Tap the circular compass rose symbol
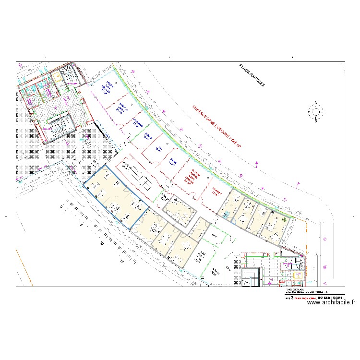(x=315, y=112)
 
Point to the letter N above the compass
(x=315, y=102)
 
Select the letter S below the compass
(x=315, y=122)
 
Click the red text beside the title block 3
(x=301, y=298)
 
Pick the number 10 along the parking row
(x=101, y=243)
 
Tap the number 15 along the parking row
(x=122, y=262)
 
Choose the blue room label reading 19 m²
(x=158, y=149)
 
